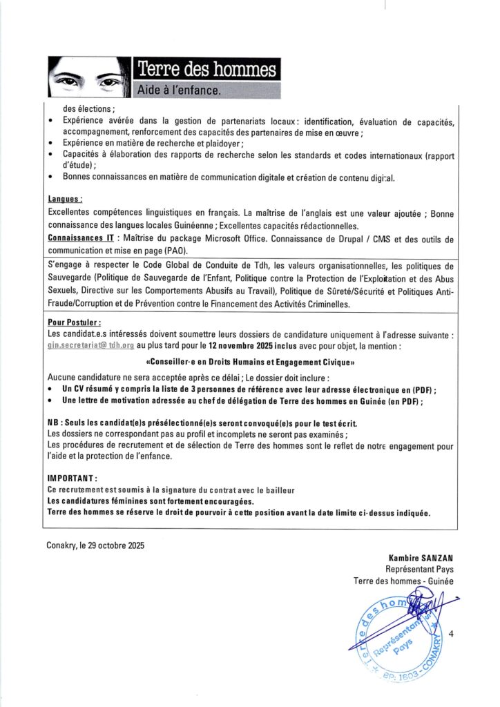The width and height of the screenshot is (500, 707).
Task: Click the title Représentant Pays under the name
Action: pos(419,570)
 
